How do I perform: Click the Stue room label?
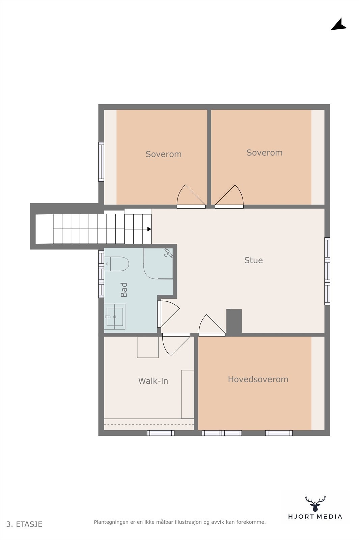tap(253, 260)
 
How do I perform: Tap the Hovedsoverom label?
tap(258, 379)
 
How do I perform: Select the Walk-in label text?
tap(153, 381)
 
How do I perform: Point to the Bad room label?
tap(124, 290)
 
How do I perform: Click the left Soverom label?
tap(163, 154)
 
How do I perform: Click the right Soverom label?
tap(264, 153)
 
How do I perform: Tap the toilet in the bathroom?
tap(116, 264)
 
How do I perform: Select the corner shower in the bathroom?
tap(159, 263)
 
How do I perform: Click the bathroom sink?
tap(115, 317)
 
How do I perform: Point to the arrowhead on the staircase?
tap(149, 229)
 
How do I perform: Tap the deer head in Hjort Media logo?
tap(315, 503)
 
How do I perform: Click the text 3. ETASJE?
tap(24, 524)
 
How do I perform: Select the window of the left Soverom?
tap(101, 162)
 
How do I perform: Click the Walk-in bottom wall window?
tap(161, 433)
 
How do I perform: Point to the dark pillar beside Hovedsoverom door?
tap(234, 322)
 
